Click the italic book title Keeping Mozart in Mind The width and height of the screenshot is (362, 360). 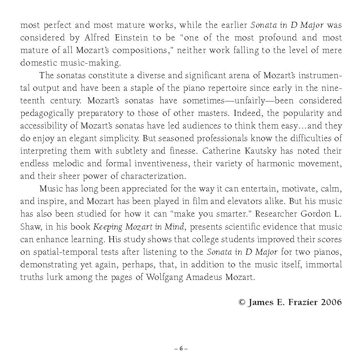[x=139, y=227]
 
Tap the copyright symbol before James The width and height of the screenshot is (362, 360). [x=242, y=302]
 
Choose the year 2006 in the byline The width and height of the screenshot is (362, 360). [x=332, y=302]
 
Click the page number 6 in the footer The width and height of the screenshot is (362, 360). [x=181, y=348]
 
